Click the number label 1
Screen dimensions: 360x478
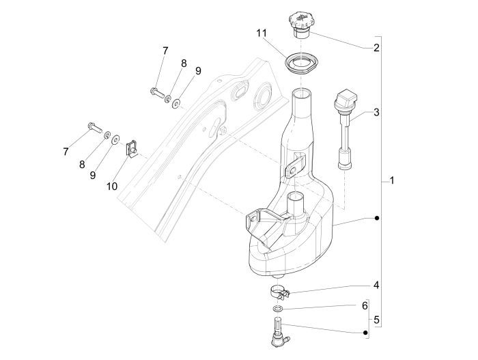[x=391, y=181]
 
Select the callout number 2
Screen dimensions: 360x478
[x=376, y=48]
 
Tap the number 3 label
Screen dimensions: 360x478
[x=376, y=112]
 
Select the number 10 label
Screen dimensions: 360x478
[x=112, y=185]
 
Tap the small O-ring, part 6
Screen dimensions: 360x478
[x=277, y=309]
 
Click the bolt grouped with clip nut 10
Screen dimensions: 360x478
[x=94, y=126]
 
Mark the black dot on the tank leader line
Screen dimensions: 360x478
[x=376, y=219]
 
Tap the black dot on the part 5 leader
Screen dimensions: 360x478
[x=365, y=333]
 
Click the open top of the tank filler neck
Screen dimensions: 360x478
[x=303, y=93]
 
